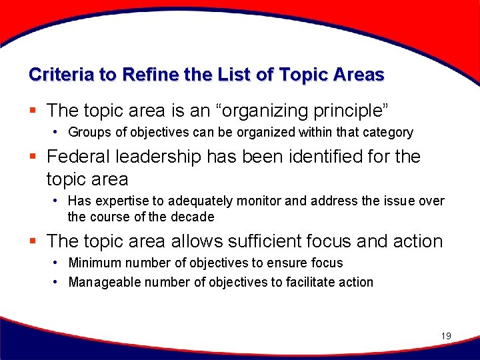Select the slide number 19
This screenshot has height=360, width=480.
pyautogui.click(x=446, y=336)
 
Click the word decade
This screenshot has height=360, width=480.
pyautogui.click(x=193, y=217)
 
